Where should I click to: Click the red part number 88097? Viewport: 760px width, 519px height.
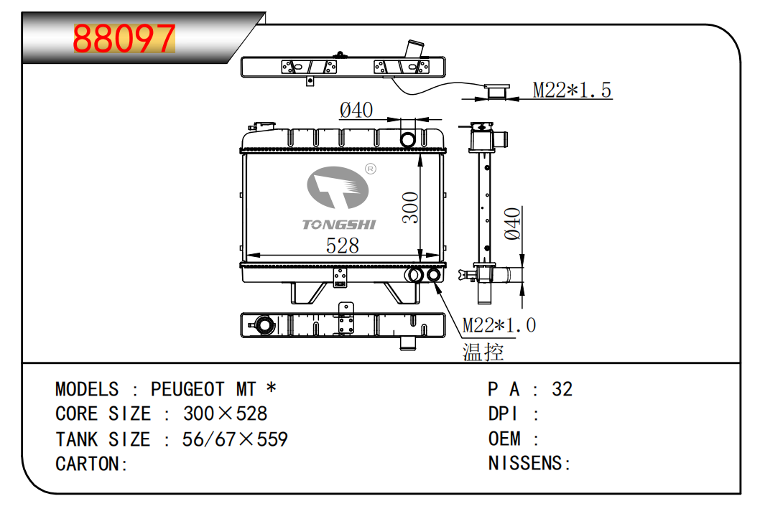tap(124, 39)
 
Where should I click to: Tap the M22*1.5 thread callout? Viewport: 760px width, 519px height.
tap(571, 90)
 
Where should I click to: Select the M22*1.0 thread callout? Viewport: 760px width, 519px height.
tap(499, 325)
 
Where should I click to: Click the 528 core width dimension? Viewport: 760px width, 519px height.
tap(342, 246)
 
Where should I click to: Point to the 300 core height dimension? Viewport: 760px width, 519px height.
tap(410, 207)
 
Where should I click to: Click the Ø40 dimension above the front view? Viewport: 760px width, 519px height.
tap(356, 110)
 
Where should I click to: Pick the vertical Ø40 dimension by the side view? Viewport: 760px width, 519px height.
tap(511, 223)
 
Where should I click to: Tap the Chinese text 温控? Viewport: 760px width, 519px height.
tap(483, 352)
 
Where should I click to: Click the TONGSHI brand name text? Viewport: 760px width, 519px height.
tap(339, 225)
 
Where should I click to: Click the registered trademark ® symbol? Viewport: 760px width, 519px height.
tap(371, 169)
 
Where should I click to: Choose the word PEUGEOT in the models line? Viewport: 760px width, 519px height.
tap(187, 390)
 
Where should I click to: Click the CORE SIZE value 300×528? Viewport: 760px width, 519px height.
tap(225, 414)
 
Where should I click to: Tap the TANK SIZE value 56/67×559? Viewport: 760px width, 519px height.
tap(235, 439)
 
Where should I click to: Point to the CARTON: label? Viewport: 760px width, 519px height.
tap(91, 464)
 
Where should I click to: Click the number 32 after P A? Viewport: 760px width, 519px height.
tap(562, 389)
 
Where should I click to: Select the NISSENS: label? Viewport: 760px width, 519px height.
tap(529, 464)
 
